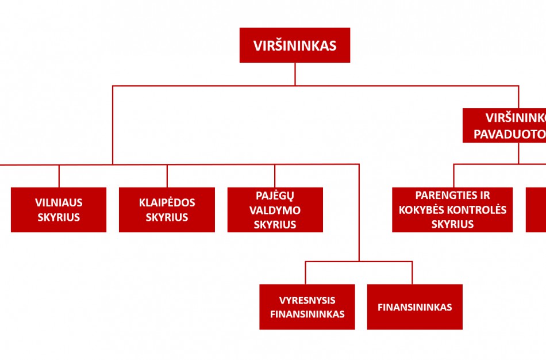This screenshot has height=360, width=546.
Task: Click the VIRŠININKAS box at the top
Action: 295,45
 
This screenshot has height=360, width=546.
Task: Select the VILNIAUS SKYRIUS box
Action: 59,210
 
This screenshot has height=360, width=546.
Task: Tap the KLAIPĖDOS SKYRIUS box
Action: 167,210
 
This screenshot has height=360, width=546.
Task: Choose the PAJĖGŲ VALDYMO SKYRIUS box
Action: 275,210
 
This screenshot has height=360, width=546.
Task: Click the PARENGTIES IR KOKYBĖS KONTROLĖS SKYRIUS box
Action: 452,210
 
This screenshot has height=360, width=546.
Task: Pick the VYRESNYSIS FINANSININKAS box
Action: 307,307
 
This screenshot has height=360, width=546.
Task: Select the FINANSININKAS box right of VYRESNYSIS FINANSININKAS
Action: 414,307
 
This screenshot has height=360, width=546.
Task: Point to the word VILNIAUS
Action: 59,202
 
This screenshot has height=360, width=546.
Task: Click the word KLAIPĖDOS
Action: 167,202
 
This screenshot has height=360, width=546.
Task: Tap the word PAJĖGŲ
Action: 275,196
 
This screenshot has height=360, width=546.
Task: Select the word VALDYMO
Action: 275,210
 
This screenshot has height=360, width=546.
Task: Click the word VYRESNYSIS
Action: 307,300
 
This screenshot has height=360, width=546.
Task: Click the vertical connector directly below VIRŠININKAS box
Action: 295,74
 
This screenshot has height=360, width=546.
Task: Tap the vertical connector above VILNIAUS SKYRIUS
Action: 59,176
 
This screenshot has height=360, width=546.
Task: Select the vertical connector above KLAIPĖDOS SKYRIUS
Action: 167,176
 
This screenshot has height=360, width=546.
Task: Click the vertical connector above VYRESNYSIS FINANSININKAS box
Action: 305,273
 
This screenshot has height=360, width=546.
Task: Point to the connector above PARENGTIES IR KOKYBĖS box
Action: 453,176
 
